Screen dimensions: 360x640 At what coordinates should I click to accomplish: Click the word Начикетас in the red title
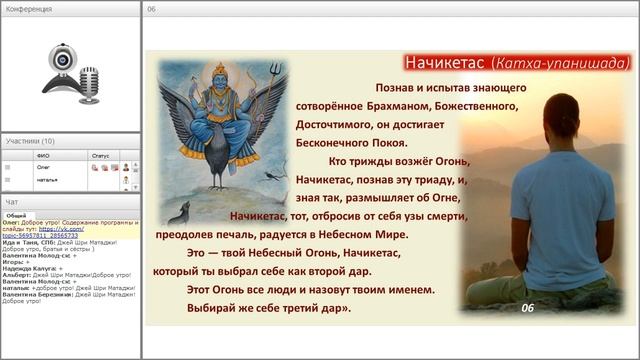pyautogui.click(x=441, y=63)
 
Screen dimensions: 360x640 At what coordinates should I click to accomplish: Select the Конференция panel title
pyautogui.click(x=28, y=9)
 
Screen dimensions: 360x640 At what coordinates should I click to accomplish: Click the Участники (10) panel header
pyautogui.click(x=30, y=141)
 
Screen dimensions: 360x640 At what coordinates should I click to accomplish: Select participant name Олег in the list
pyautogui.click(x=43, y=167)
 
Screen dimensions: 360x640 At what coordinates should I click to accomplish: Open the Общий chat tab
pyautogui.click(x=16, y=215)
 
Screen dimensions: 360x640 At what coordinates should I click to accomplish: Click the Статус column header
pyautogui.click(x=100, y=156)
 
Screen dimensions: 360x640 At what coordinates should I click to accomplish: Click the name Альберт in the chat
pyautogui.click(x=16, y=274)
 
